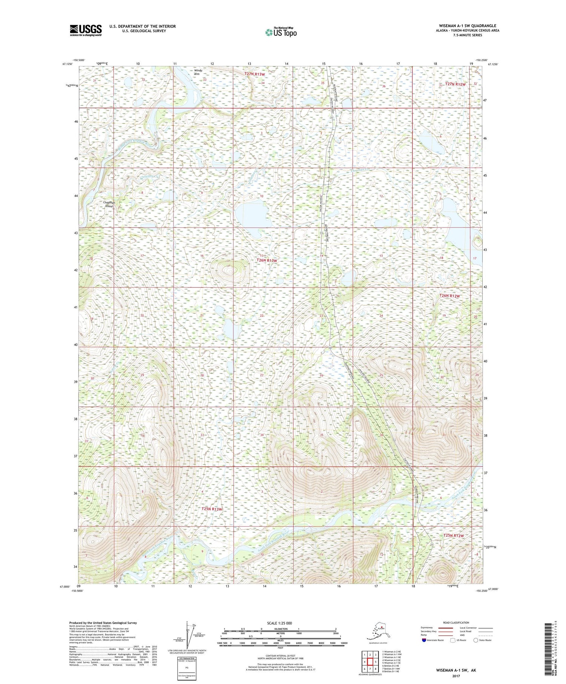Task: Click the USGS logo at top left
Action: coord(86,30)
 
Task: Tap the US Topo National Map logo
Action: coord(281,32)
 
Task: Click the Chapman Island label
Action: coord(109,204)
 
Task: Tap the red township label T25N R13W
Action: coord(212,509)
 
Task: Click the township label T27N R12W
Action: coord(455,84)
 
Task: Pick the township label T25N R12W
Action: coord(453,535)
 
